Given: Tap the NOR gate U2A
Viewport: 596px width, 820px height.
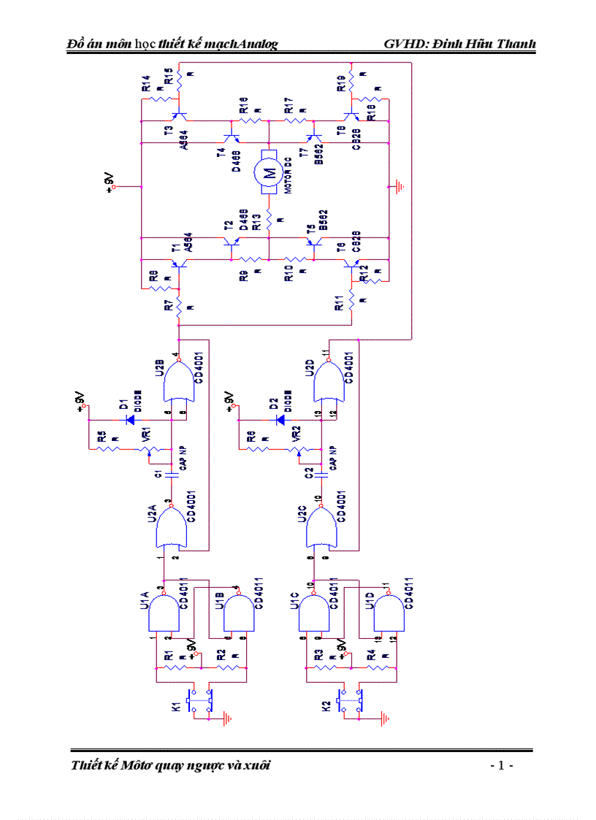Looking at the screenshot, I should pyautogui.click(x=171, y=529).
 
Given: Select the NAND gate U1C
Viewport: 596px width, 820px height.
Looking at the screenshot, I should pyautogui.click(x=312, y=613).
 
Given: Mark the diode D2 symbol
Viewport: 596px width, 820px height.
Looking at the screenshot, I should pyautogui.click(x=280, y=420).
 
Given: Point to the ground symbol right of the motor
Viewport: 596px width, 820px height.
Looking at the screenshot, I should pyautogui.click(x=399, y=188).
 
